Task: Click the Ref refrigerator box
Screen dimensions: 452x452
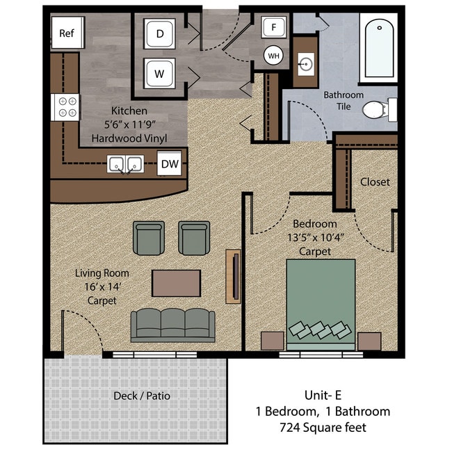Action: (x=67, y=33)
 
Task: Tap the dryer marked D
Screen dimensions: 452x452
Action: (x=160, y=33)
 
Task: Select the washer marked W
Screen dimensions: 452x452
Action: (x=160, y=72)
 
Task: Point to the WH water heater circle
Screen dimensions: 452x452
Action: (x=273, y=55)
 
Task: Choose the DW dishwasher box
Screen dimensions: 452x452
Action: (x=170, y=164)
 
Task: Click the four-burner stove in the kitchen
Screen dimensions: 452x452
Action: (x=67, y=106)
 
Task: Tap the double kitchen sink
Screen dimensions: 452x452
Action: (x=125, y=165)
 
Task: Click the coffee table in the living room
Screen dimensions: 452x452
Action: (x=177, y=283)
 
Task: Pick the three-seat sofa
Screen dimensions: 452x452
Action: (x=173, y=325)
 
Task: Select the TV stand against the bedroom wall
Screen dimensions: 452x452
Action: (x=233, y=275)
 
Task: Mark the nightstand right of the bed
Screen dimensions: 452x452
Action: (x=369, y=341)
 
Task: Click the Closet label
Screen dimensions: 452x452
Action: (x=375, y=182)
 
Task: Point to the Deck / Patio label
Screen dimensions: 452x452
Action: (x=142, y=396)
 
